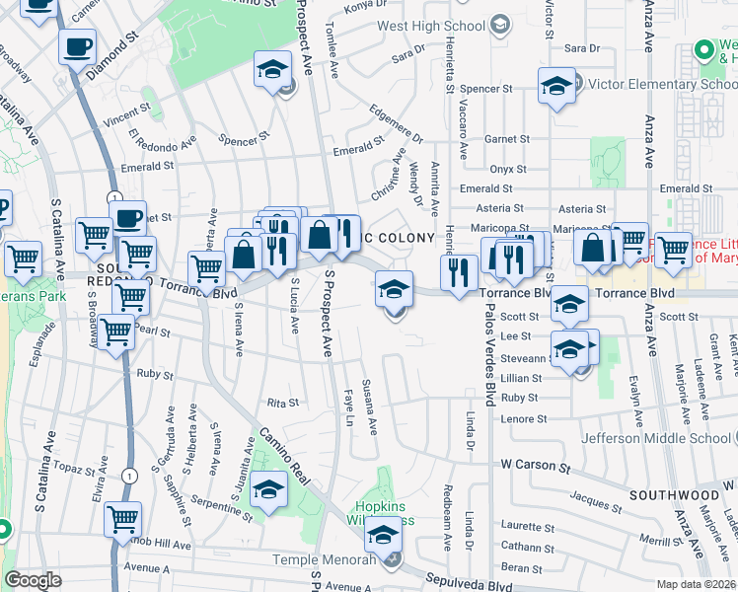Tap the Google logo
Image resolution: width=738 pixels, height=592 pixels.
(33, 580)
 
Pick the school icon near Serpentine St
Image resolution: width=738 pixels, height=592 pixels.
(268, 488)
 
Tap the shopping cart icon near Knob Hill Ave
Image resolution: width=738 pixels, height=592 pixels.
(122, 519)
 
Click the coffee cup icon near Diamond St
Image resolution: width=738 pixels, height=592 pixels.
(77, 45)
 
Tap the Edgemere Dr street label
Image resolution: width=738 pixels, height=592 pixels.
(397, 123)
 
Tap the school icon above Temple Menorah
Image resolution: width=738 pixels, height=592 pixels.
(383, 537)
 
